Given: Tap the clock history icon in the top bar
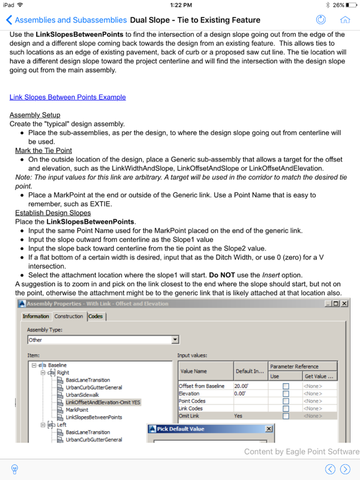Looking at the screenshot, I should (321, 20).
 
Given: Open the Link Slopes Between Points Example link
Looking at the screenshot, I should (67, 97).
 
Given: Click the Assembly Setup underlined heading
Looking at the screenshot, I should (35, 115).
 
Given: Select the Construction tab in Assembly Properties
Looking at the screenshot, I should (68, 316).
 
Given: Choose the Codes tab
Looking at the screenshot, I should (96, 316).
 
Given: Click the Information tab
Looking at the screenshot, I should (36, 316).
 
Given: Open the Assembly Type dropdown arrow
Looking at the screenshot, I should (175, 340).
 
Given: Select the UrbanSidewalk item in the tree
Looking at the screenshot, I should (82, 395).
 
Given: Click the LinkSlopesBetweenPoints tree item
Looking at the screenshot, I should (94, 417).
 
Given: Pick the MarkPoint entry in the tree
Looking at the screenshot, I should (77, 409).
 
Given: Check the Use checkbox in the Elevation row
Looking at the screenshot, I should (286, 394).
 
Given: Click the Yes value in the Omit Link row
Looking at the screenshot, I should (238, 415).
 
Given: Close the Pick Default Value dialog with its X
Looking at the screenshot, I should (269, 429).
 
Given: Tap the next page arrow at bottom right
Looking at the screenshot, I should (346, 469).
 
